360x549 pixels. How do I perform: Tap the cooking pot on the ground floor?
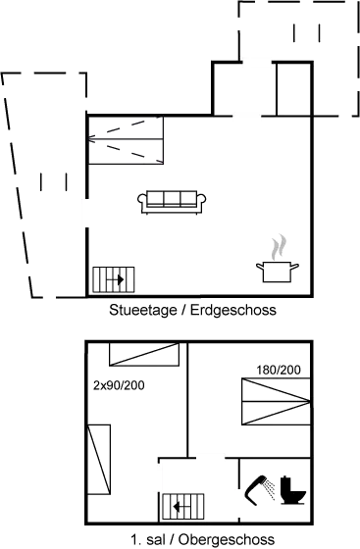[277, 269]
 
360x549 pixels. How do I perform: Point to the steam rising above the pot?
[279, 244]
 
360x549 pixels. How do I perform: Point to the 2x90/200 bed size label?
[119, 384]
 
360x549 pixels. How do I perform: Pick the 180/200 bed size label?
[280, 369]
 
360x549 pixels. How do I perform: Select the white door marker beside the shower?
[237, 503]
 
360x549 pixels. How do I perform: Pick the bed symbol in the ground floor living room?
[125, 144]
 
